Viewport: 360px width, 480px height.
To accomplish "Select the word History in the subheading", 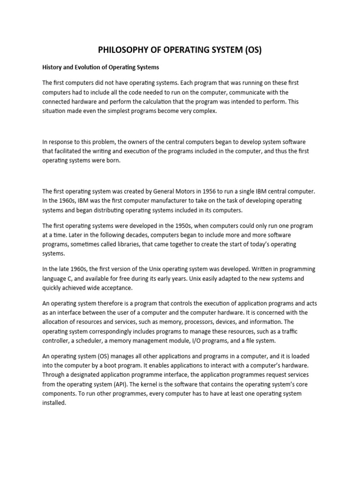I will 53,67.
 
